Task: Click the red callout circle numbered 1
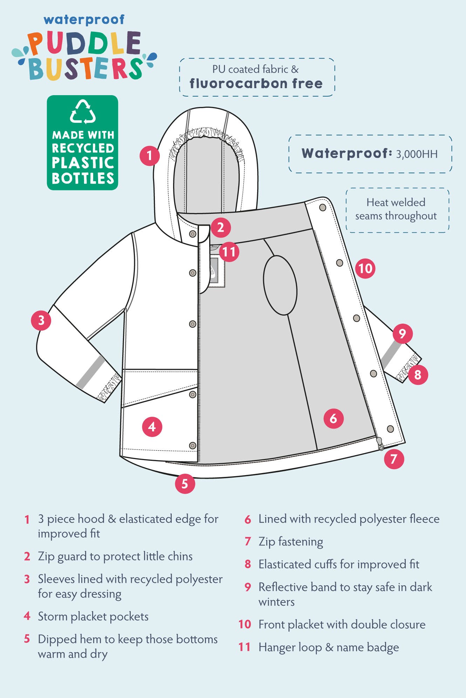150,155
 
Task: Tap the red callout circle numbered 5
185,484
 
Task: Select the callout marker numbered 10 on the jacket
365,268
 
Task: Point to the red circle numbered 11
229,252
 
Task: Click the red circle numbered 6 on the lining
333,418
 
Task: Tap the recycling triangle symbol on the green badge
83,112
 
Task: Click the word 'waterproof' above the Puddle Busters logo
84,20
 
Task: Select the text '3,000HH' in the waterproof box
417,154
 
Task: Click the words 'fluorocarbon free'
256,84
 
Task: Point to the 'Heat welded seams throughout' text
396,209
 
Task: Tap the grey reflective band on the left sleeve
90,372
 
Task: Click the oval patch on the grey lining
280,285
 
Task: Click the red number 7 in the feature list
248,542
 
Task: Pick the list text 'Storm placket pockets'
93,616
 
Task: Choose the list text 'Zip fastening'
291,542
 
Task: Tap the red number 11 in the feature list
245,647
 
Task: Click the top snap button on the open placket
323,207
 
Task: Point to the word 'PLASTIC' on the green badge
83,163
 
